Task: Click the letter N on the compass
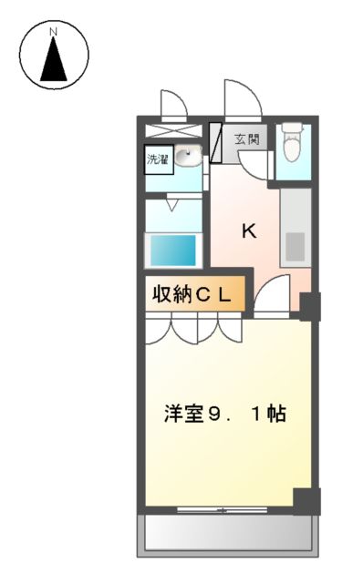(x=53, y=32)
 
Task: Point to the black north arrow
(x=53, y=61)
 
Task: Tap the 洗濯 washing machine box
(x=158, y=159)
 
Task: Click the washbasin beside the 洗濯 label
(x=187, y=156)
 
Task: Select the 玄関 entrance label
(x=246, y=139)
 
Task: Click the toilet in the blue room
(x=292, y=141)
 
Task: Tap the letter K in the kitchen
(x=248, y=230)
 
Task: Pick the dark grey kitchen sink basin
(x=295, y=247)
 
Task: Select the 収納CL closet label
(x=195, y=294)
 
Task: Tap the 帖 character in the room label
(x=277, y=414)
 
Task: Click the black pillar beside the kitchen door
(x=310, y=306)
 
